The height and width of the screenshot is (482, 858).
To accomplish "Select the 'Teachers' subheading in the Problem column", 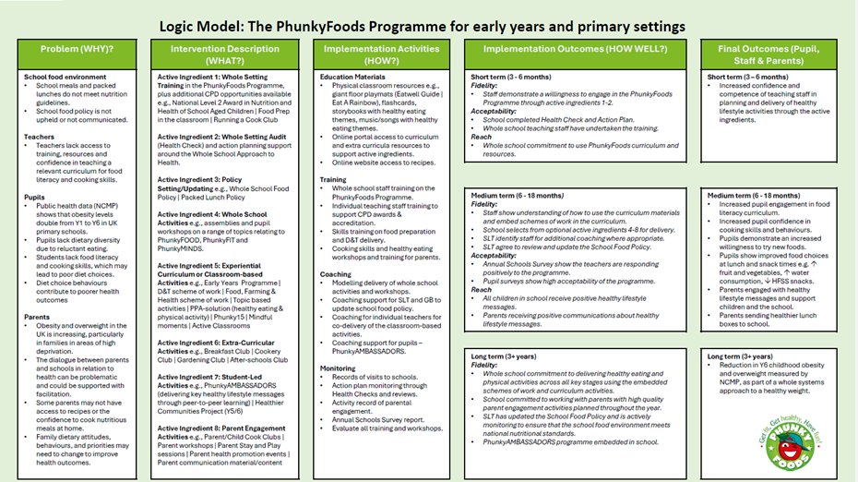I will pos(41,137).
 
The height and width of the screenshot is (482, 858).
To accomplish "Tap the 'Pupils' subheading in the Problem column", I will pos(36,197).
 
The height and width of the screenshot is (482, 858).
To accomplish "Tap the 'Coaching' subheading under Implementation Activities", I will pos(336,273).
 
